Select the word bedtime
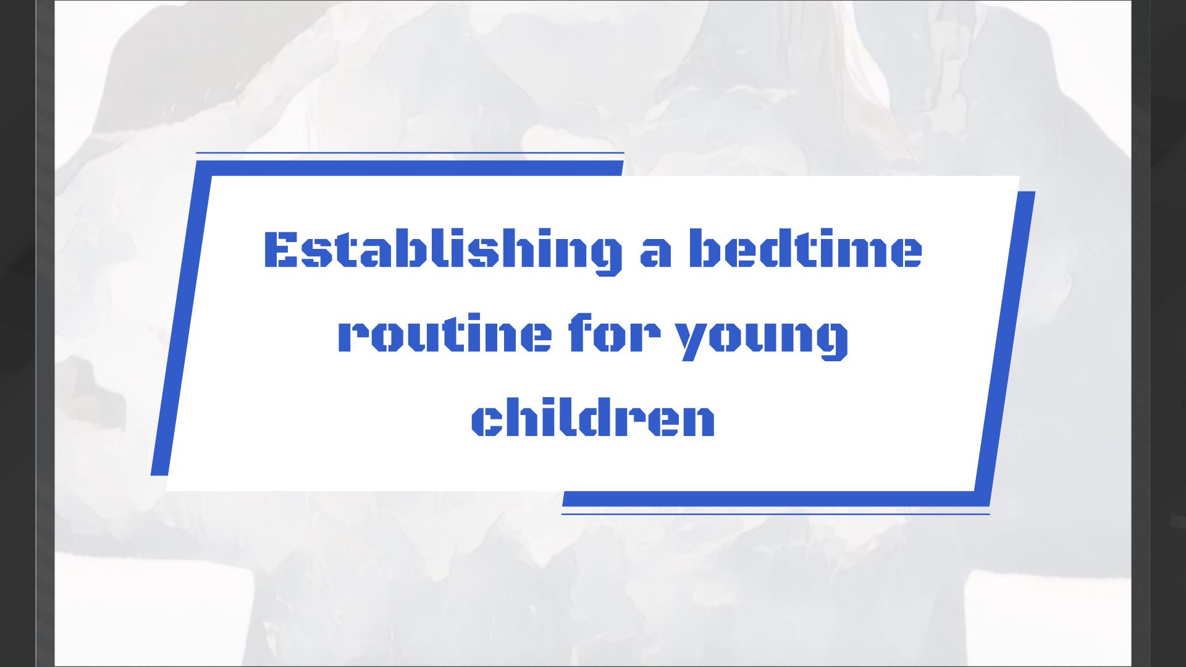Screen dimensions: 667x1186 click(x=805, y=250)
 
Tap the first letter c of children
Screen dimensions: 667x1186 click(x=486, y=421)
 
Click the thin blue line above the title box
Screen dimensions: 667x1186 click(x=410, y=153)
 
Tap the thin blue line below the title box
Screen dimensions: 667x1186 click(x=775, y=514)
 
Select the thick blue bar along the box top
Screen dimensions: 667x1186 click(x=410, y=168)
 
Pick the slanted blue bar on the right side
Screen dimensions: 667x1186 click(x=1005, y=346)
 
